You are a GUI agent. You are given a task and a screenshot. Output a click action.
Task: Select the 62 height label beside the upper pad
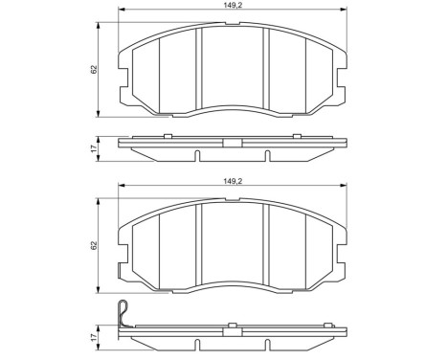tap(92, 70)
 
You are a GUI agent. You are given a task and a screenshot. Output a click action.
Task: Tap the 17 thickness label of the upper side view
tap(92, 148)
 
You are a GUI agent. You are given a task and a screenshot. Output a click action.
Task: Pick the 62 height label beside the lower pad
tap(92, 246)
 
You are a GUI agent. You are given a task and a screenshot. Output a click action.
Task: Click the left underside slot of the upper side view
tap(196, 155)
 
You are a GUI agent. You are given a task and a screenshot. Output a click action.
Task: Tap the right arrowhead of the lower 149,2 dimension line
tap(346, 186)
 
